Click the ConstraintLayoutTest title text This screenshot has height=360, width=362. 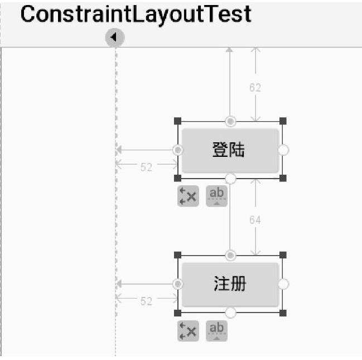tap(136, 15)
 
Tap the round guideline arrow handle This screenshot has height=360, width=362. tap(115, 37)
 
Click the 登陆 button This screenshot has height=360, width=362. tap(230, 150)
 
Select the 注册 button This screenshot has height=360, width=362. tap(230, 284)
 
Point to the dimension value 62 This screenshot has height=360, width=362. tap(255, 88)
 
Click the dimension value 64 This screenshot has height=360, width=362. tap(255, 220)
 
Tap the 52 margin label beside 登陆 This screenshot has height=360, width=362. tap(146, 167)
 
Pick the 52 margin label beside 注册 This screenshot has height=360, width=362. tap(146, 301)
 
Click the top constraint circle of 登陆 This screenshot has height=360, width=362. tap(230, 122)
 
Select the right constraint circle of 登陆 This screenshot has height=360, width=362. tap(283, 150)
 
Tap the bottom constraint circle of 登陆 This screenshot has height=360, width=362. tap(230, 178)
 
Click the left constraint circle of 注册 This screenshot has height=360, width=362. tap(178, 284)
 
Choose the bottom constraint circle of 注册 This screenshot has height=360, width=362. tap(230, 312)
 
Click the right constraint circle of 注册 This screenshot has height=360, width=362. tap(283, 284)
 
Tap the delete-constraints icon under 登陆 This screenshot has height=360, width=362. tap(188, 196)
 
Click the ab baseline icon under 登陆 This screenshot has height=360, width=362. tap(216, 195)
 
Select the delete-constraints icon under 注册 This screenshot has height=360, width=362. tap(188, 330)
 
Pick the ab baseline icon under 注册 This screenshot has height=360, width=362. tap(216, 330)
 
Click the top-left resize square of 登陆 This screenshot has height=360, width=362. tap(178, 121)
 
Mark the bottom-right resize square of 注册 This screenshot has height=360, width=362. tap(283, 313)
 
